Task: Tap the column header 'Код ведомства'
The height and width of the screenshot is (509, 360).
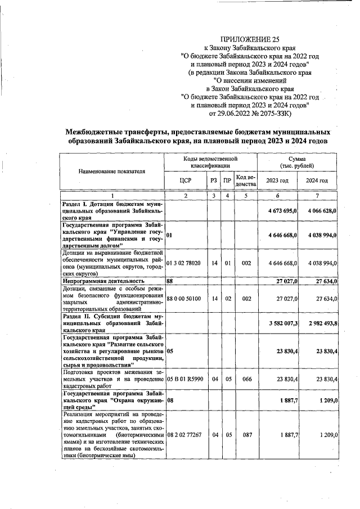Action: tap(246, 180)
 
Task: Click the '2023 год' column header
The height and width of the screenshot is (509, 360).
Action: tap(277, 180)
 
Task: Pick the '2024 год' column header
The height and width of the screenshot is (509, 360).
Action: tap(317, 180)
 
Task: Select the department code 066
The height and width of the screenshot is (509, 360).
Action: tap(246, 379)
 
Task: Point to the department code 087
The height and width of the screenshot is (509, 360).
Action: tap(246, 435)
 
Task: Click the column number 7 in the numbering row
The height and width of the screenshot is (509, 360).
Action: tap(317, 196)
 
